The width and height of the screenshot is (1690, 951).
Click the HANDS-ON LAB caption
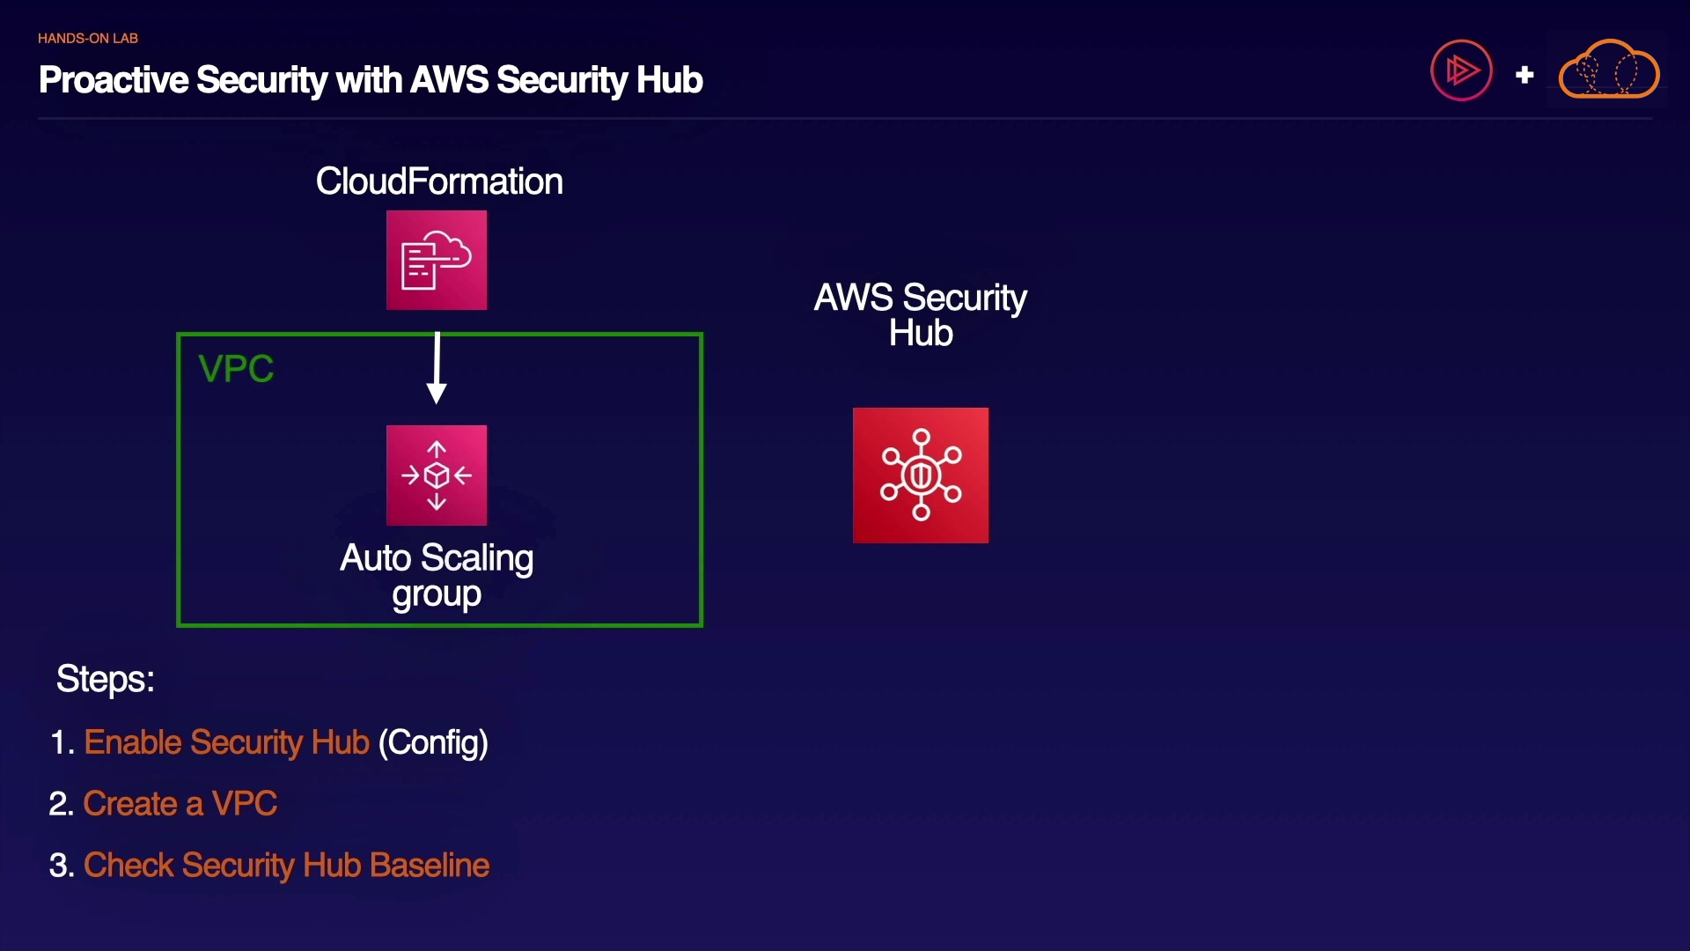coord(87,39)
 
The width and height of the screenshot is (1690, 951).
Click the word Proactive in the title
coord(114,80)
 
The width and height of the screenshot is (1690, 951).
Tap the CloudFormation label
coord(439,181)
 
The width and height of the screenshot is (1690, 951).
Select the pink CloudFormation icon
coord(437,260)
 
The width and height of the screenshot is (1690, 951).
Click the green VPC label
coord(236,369)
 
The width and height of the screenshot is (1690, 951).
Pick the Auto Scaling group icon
coord(437,475)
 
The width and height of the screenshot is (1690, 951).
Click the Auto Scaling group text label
coord(437,576)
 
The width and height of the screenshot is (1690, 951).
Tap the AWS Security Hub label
coord(921,315)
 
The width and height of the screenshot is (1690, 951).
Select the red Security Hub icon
coord(921,475)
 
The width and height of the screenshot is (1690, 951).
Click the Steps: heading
coord(106,679)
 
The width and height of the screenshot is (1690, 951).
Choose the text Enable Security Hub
coord(226,742)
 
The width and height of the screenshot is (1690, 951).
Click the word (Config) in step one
coord(433,743)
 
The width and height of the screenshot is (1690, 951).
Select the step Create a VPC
coord(180,804)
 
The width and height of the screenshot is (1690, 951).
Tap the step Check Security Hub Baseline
coord(286,866)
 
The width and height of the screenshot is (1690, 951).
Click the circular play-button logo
coord(1461,70)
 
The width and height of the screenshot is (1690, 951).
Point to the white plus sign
coord(1525,76)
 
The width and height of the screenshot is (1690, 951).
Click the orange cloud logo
coord(1609,70)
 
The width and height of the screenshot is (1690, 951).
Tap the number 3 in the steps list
coord(58,866)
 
